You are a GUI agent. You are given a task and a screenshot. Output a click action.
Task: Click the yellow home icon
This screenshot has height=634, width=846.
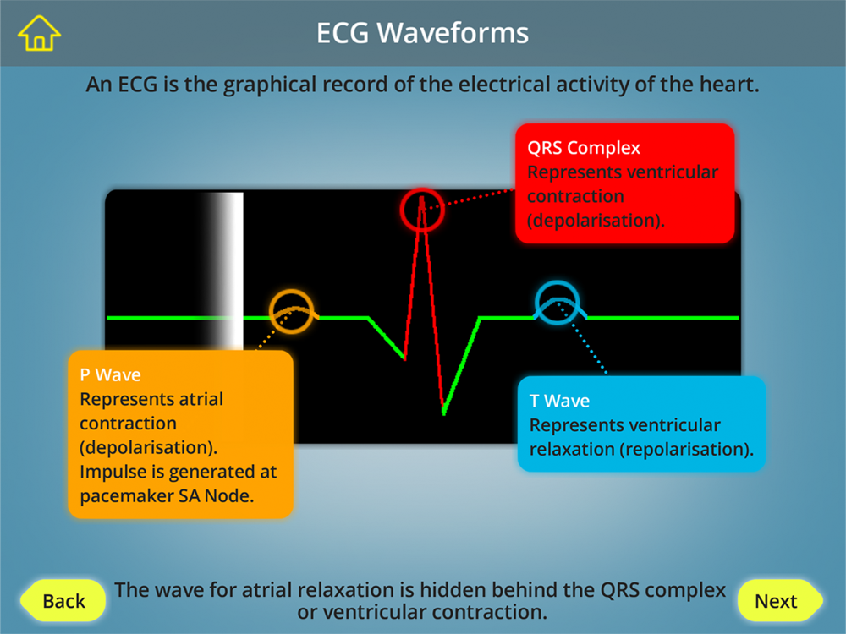click(x=39, y=34)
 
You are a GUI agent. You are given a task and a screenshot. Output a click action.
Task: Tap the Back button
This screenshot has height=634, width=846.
click(x=63, y=600)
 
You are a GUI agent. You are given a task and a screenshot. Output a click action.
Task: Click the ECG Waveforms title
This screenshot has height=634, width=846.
click(x=422, y=33)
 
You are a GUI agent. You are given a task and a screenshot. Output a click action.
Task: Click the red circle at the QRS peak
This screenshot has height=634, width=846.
click(x=422, y=189)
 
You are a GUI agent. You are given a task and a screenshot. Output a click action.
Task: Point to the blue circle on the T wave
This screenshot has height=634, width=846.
click(x=558, y=282)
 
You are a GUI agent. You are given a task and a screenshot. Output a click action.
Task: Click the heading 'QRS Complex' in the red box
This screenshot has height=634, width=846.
click(x=584, y=148)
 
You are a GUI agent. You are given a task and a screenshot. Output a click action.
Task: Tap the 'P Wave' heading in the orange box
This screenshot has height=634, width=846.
click(x=110, y=374)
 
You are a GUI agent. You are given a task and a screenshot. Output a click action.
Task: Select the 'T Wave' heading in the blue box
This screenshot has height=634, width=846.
click(x=559, y=401)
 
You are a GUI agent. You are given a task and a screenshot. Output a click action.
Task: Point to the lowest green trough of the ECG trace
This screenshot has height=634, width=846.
click(x=443, y=413)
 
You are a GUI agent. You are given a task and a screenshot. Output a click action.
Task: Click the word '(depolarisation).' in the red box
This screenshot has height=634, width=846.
click(x=596, y=221)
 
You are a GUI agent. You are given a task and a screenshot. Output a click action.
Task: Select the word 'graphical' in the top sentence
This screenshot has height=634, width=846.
click(x=270, y=85)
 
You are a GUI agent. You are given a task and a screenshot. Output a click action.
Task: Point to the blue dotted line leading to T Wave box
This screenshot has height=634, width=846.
click(x=582, y=337)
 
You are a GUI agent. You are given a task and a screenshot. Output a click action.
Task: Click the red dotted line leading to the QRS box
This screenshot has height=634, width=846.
click(x=469, y=199)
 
